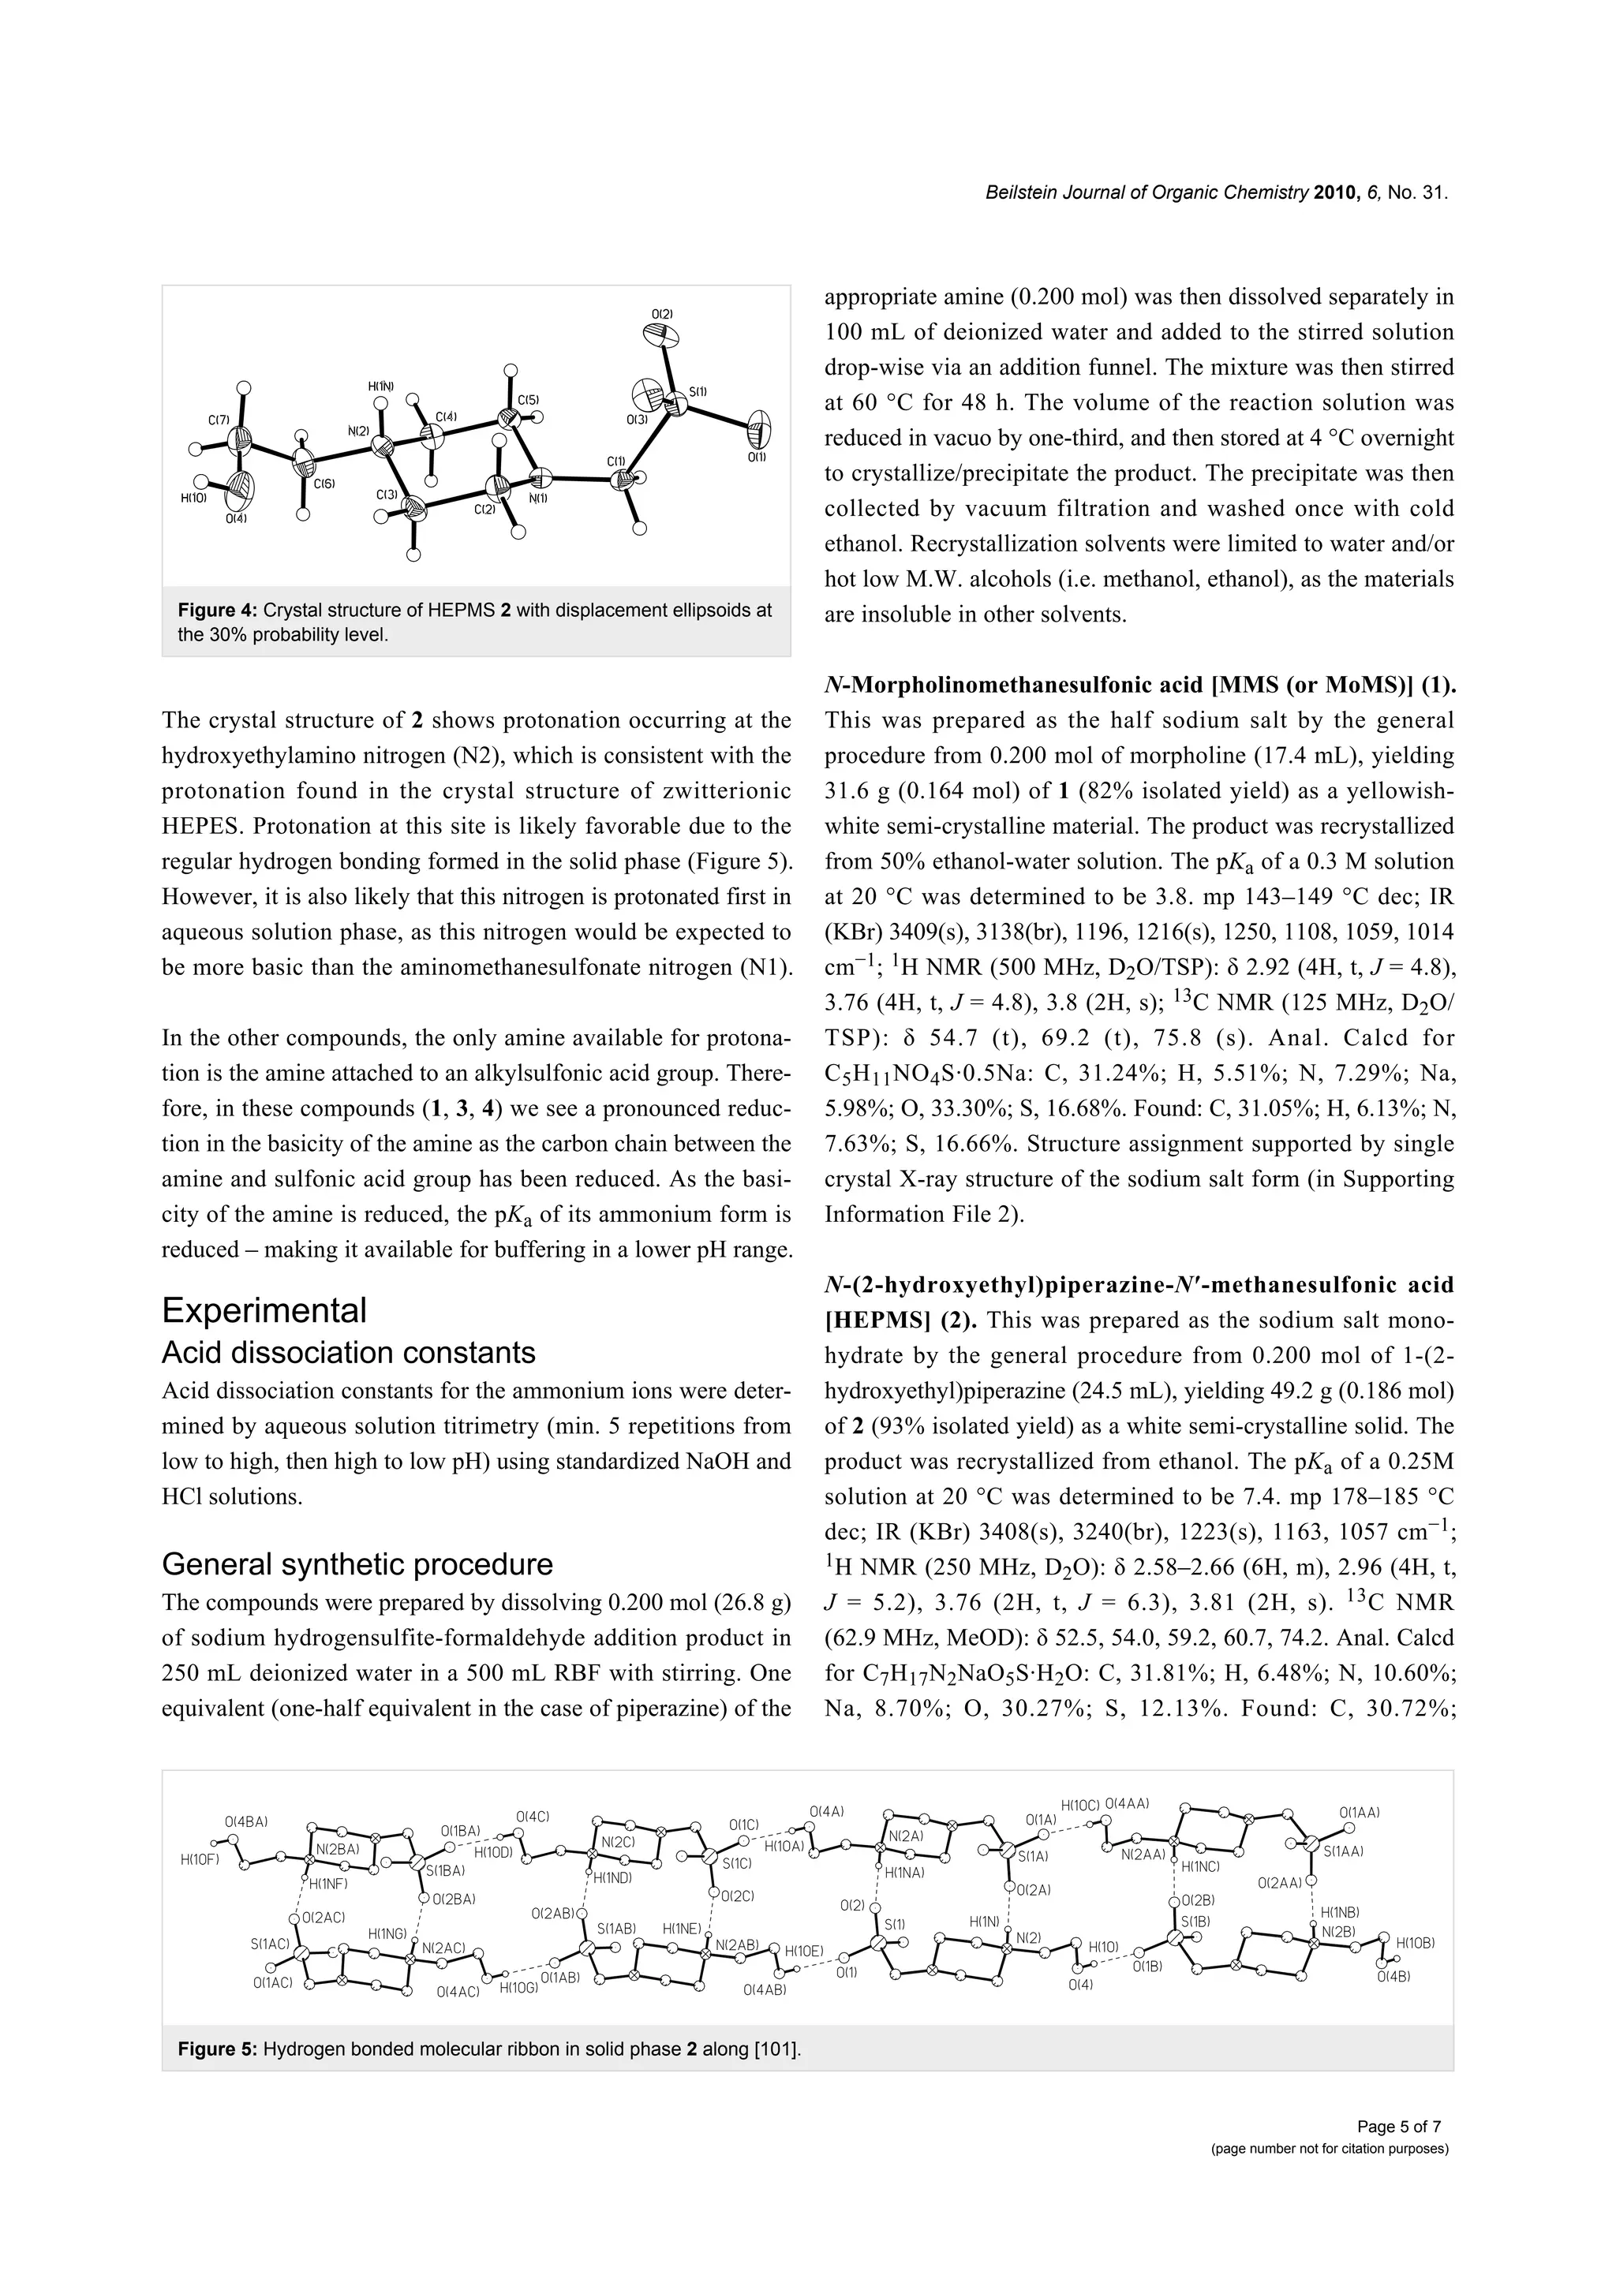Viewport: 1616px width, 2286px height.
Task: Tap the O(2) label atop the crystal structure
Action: (x=662, y=315)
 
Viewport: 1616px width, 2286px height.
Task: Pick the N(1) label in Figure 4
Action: (x=537, y=498)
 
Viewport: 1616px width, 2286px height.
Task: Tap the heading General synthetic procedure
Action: (x=357, y=1564)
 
